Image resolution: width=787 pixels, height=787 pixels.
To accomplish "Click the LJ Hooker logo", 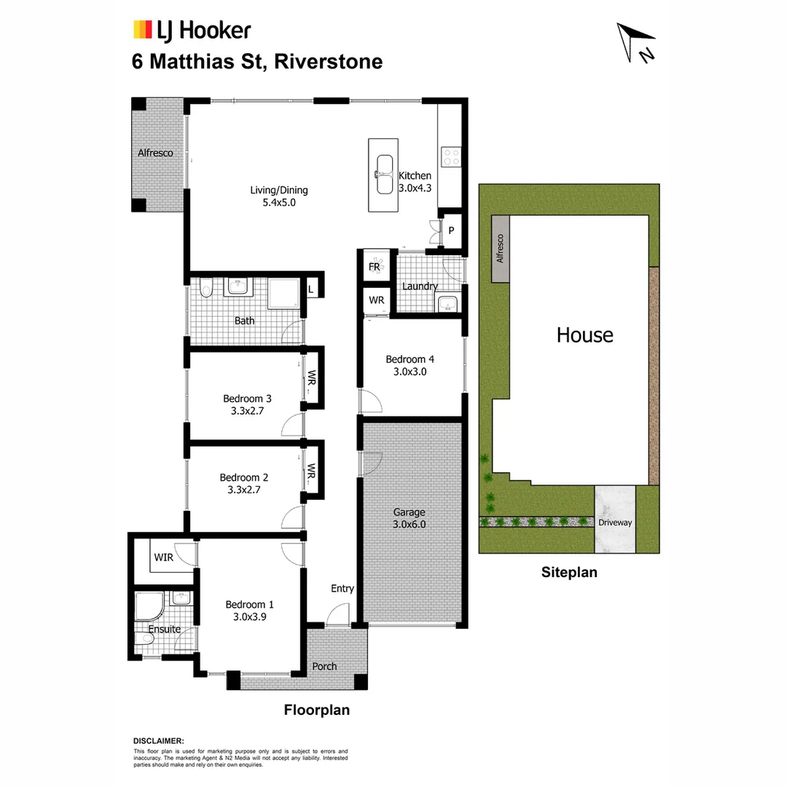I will click(x=191, y=30).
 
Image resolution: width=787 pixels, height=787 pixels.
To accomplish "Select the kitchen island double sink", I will click(x=384, y=175).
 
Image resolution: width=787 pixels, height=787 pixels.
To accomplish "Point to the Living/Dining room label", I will click(x=279, y=190).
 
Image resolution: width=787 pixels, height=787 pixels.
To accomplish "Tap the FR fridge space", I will click(x=375, y=267).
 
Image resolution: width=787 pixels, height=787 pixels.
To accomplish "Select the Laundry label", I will click(x=420, y=286).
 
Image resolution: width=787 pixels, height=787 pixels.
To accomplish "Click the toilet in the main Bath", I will click(x=206, y=289).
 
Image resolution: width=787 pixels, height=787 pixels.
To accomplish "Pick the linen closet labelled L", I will click(x=311, y=289).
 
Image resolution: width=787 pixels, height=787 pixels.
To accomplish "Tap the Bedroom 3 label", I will click(x=247, y=399).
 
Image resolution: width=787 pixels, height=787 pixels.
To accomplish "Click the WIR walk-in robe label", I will click(x=163, y=557).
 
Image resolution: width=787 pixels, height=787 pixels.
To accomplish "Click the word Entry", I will click(x=342, y=589).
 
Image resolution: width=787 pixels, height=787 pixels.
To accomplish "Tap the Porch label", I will click(x=324, y=666).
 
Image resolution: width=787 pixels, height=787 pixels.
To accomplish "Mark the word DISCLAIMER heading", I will click(x=158, y=740).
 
